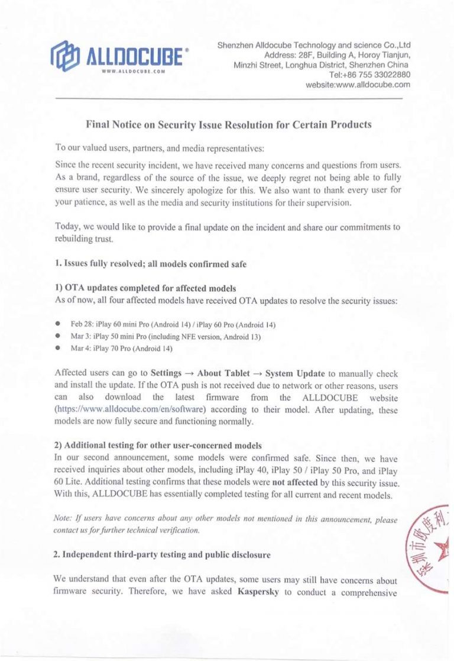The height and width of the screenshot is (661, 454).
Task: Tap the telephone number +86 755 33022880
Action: pos(369,75)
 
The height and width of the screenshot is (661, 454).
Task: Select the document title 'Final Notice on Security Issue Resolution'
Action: pos(229,125)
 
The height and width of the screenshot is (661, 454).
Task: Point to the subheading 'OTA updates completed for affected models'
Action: pos(142,289)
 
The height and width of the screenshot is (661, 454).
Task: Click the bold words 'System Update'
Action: pos(295,374)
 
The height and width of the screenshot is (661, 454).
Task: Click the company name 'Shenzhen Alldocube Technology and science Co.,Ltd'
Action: pos(314,45)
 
